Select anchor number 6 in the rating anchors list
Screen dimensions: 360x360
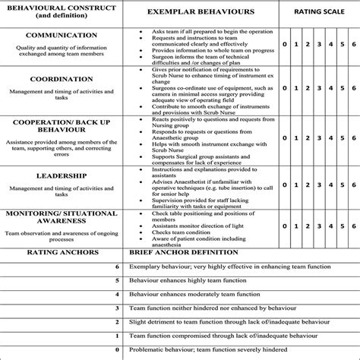(116, 267)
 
